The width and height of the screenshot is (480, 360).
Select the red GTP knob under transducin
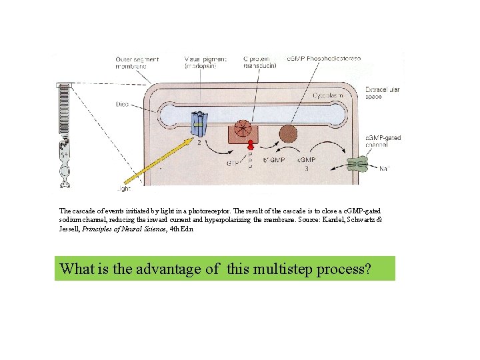251,145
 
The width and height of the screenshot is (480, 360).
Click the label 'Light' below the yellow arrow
123,189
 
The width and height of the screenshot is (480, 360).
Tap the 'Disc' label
122,103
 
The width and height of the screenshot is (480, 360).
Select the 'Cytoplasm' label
328,95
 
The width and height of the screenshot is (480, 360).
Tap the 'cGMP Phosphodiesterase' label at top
323,59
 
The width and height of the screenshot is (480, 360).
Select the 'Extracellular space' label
382,93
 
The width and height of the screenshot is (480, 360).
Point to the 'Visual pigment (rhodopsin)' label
205,63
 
